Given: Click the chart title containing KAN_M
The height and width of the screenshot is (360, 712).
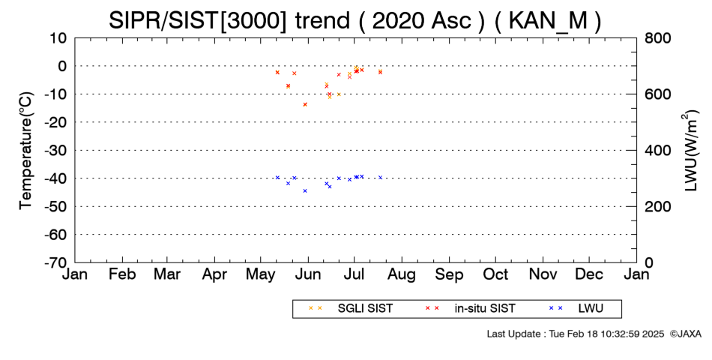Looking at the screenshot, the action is (355, 20).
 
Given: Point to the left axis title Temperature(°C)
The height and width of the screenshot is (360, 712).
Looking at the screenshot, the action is (26, 151).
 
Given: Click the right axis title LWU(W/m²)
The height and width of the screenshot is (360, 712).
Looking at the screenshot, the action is (690, 151).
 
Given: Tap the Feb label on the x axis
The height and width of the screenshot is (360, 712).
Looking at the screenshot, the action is (122, 274).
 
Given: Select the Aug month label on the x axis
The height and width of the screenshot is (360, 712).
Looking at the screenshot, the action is (402, 274).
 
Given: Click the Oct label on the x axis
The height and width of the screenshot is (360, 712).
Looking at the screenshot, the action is (495, 274).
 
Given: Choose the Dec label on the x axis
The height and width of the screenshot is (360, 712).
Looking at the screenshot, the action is (589, 274).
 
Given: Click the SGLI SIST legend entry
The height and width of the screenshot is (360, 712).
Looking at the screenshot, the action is (351, 309).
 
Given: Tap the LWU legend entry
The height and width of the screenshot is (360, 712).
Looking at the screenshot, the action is (576, 309).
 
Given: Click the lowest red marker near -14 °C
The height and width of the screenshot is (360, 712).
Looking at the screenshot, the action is (305, 104).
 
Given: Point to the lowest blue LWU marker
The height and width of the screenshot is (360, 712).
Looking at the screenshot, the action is (305, 191).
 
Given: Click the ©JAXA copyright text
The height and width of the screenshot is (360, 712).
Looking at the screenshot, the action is (685, 334).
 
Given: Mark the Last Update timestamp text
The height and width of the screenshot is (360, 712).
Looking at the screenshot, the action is (576, 334).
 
